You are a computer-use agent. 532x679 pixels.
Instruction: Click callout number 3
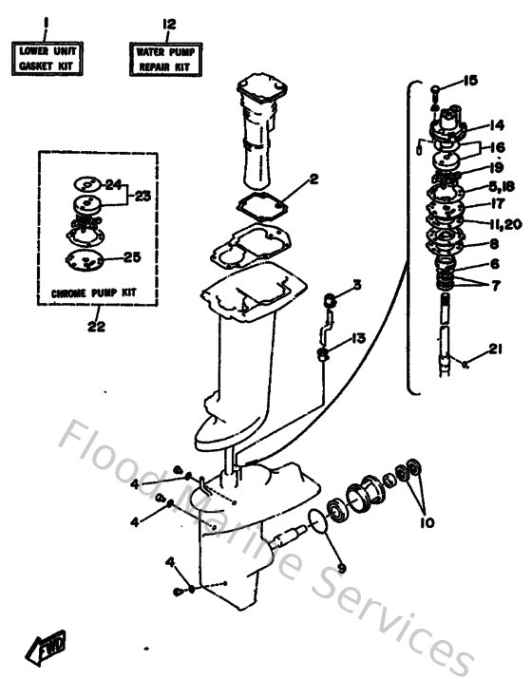point(357,284)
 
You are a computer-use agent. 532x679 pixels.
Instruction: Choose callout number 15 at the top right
point(469,80)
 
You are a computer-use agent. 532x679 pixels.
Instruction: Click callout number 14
point(496,124)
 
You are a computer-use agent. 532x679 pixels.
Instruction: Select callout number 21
point(495,350)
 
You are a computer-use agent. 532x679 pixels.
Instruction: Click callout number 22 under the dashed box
point(96,327)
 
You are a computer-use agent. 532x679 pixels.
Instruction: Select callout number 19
point(496,167)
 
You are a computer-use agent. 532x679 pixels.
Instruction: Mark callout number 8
point(495,243)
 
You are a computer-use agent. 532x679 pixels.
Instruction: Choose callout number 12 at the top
point(169,23)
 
